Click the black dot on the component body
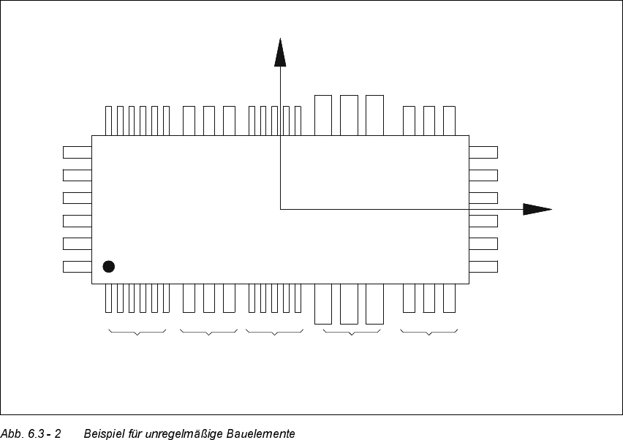(109, 266)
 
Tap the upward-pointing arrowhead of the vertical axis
(280, 53)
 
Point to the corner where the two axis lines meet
(280, 209)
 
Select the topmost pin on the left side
(77, 152)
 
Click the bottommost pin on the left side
(77, 266)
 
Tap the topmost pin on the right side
(483, 152)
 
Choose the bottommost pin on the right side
(483, 266)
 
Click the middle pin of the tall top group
(349, 115)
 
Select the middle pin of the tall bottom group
(349, 303)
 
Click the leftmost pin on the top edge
(109, 121)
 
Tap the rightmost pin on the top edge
(449, 121)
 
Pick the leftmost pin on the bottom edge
(109, 297)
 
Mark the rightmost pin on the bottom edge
(449, 297)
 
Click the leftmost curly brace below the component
(137, 333)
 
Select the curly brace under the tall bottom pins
(352, 333)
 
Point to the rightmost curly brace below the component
(429, 333)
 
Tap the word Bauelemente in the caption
(263, 433)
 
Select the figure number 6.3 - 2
(44, 433)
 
